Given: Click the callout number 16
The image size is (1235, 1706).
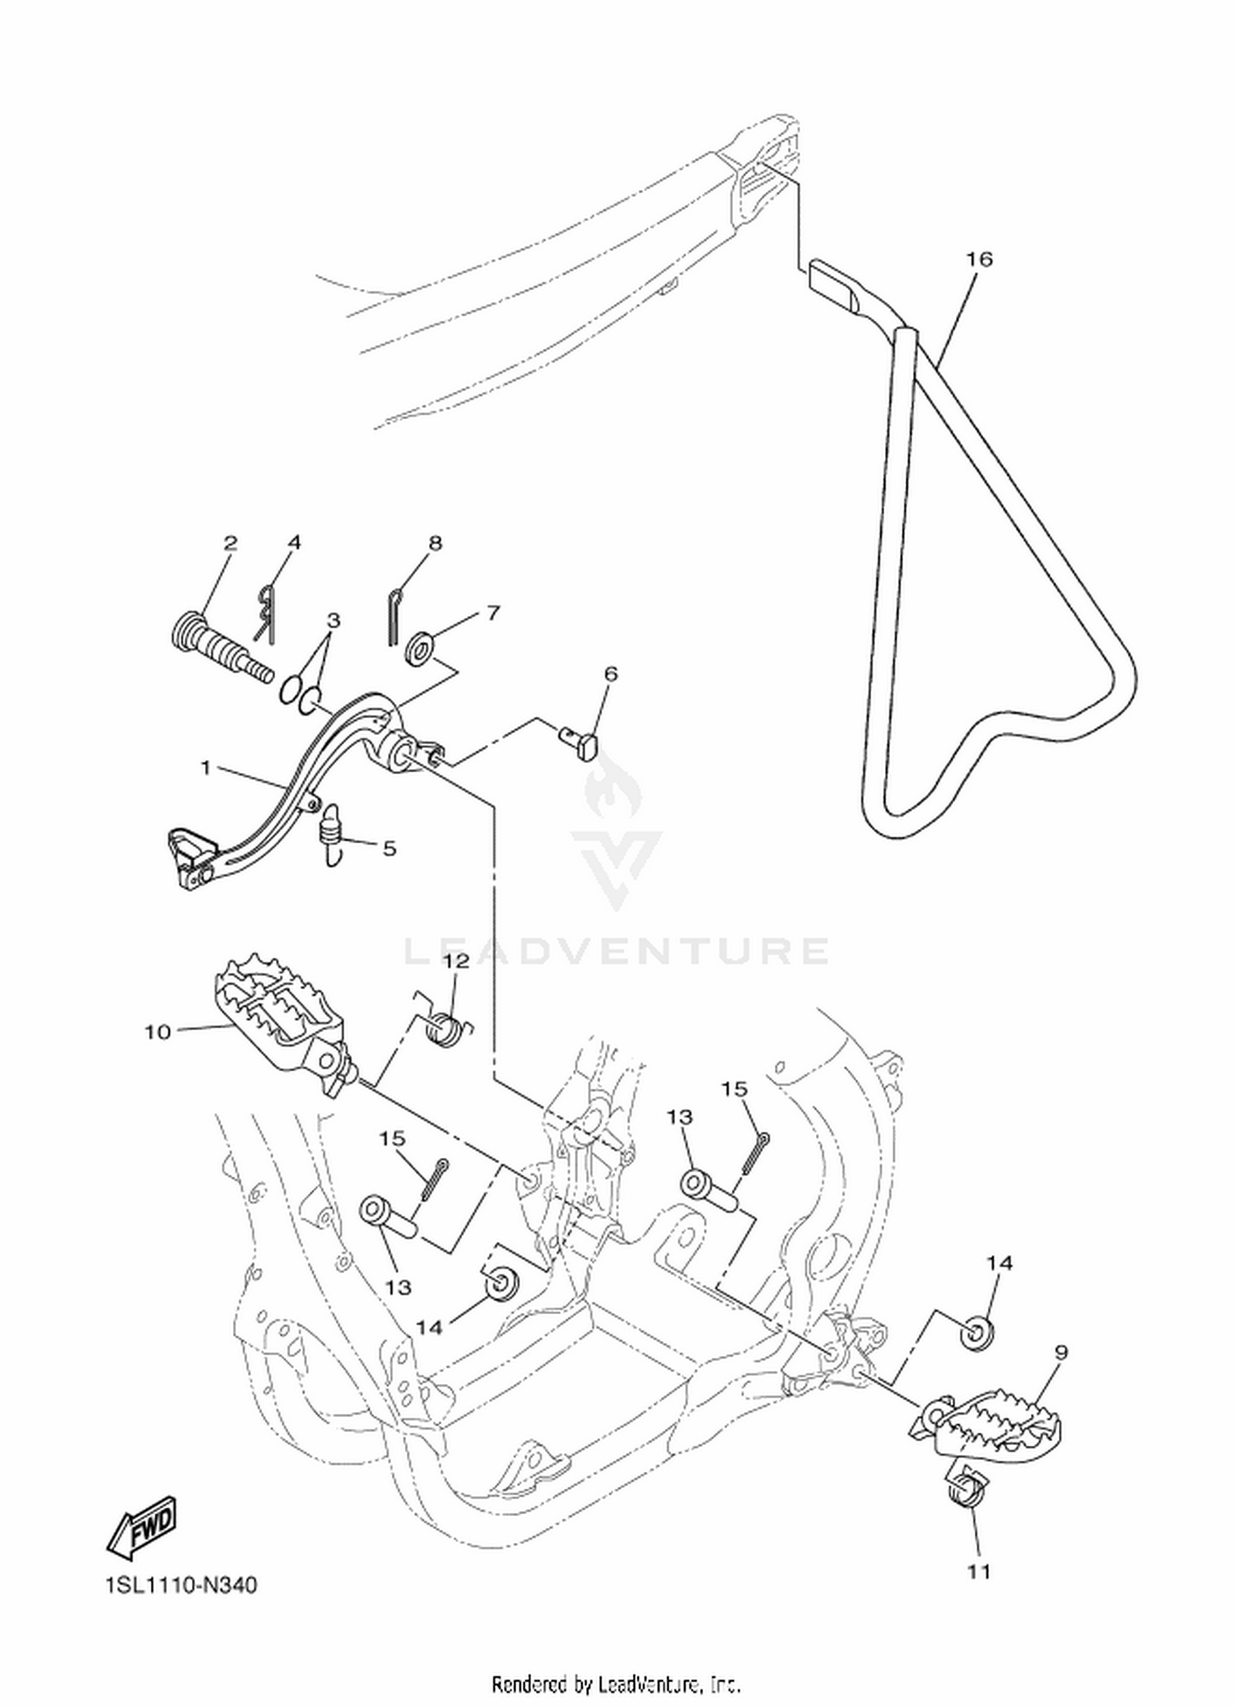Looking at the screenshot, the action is pyautogui.click(x=979, y=259).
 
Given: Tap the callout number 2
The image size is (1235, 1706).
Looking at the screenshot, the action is pyautogui.click(x=231, y=543).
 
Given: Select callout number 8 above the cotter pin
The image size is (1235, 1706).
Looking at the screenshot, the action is pyautogui.click(x=436, y=543).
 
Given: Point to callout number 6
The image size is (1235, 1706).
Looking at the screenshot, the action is pyautogui.click(x=610, y=674).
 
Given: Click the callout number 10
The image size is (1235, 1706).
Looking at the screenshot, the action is pyautogui.click(x=157, y=1032).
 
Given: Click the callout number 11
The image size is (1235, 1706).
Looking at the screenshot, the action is pyautogui.click(x=979, y=1572).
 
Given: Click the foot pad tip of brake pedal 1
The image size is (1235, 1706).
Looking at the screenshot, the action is pyautogui.click(x=191, y=858).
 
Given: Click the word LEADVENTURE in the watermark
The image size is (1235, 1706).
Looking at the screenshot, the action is pyautogui.click(x=617, y=952).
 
